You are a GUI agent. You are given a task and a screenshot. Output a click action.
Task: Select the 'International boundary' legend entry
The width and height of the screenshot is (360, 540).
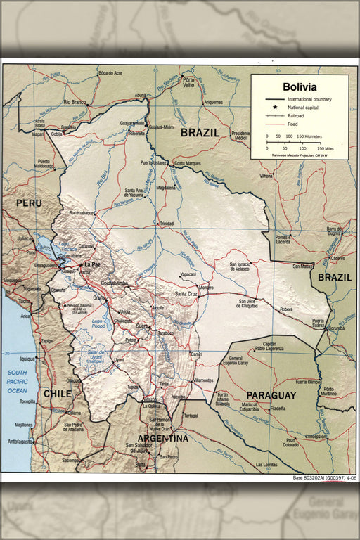pyautogui.click(x=310, y=99)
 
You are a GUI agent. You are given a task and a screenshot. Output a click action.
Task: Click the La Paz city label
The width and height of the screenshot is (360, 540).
pyautogui.click(x=92, y=264)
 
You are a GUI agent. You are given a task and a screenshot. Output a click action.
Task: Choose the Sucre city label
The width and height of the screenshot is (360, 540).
pyautogui.click(x=143, y=326)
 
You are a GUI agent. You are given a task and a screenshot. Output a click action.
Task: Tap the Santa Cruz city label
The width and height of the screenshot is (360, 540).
pyautogui.click(x=186, y=293)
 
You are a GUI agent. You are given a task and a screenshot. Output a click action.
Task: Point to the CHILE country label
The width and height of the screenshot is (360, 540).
pyautogui.click(x=58, y=394)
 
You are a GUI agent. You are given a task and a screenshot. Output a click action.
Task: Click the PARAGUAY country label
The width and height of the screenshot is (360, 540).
pyautogui.click(x=271, y=395)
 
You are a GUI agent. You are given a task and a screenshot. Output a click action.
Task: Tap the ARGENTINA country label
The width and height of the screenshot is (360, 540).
pyautogui.click(x=162, y=438)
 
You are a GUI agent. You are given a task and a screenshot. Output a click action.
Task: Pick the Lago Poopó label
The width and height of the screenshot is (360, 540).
pyautogui.click(x=102, y=323)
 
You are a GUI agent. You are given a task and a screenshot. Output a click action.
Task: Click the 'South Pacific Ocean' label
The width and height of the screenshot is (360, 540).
pyautogui.click(x=18, y=380)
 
